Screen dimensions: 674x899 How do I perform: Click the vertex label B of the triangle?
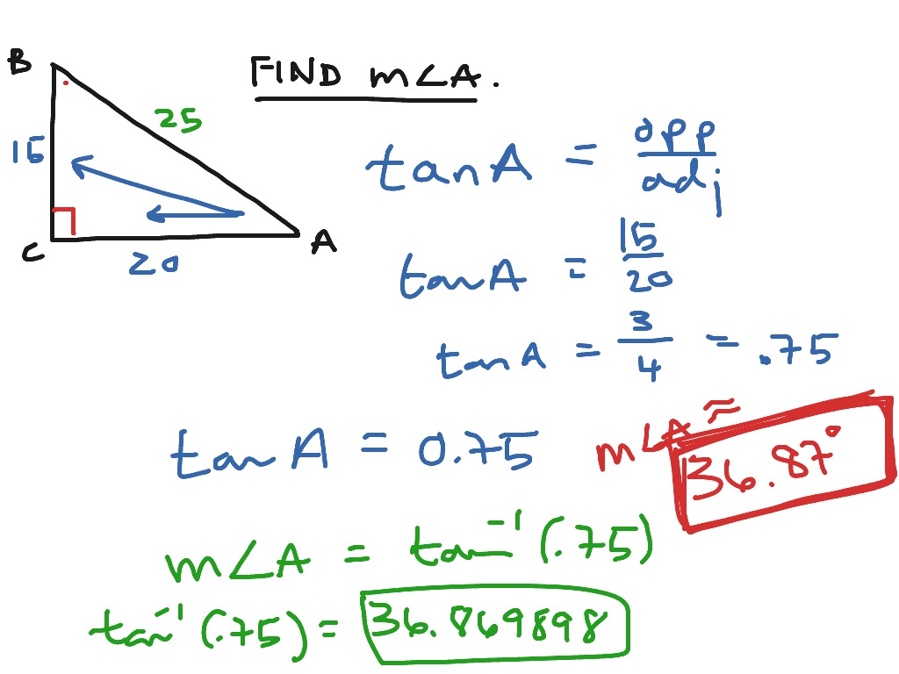(19, 62)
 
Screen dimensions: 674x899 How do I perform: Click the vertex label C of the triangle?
(33, 254)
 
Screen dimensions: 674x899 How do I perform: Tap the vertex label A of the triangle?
(323, 241)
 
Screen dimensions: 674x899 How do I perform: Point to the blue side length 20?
(155, 262)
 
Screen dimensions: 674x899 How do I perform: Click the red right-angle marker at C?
(64, 222)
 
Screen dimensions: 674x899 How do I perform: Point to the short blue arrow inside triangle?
(193, 213)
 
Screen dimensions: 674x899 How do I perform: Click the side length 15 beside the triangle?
(27, 153)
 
